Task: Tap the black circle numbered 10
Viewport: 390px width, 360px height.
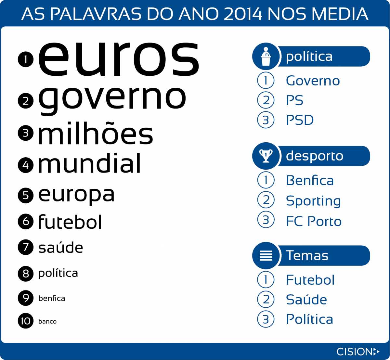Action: [26, 321]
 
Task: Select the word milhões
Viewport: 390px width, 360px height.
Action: [96, 133]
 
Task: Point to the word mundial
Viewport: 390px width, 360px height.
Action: [89, 163]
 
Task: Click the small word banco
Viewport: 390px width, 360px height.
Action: [47, 322]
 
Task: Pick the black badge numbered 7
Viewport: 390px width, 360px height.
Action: [26, 247]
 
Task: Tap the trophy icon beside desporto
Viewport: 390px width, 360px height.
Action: [266, 156]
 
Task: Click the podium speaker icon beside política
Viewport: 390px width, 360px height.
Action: [266, 56]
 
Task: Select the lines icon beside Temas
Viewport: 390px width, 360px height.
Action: [266, 255]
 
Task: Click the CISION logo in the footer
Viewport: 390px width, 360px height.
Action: [358, 351]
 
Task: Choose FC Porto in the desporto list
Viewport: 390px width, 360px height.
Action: [314, 221]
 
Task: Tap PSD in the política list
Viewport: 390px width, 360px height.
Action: [300, 120]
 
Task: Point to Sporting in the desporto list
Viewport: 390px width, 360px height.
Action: [313, 201]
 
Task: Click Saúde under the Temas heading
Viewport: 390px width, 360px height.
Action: [306, 299]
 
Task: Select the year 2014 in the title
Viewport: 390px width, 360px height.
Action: [243, 14]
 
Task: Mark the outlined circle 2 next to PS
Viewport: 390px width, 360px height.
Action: [266, 100]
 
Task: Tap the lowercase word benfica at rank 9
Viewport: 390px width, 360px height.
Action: [52, 298]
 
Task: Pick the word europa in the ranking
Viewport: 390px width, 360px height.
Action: [76, 195]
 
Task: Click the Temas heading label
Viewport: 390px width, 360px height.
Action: [307, 255]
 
